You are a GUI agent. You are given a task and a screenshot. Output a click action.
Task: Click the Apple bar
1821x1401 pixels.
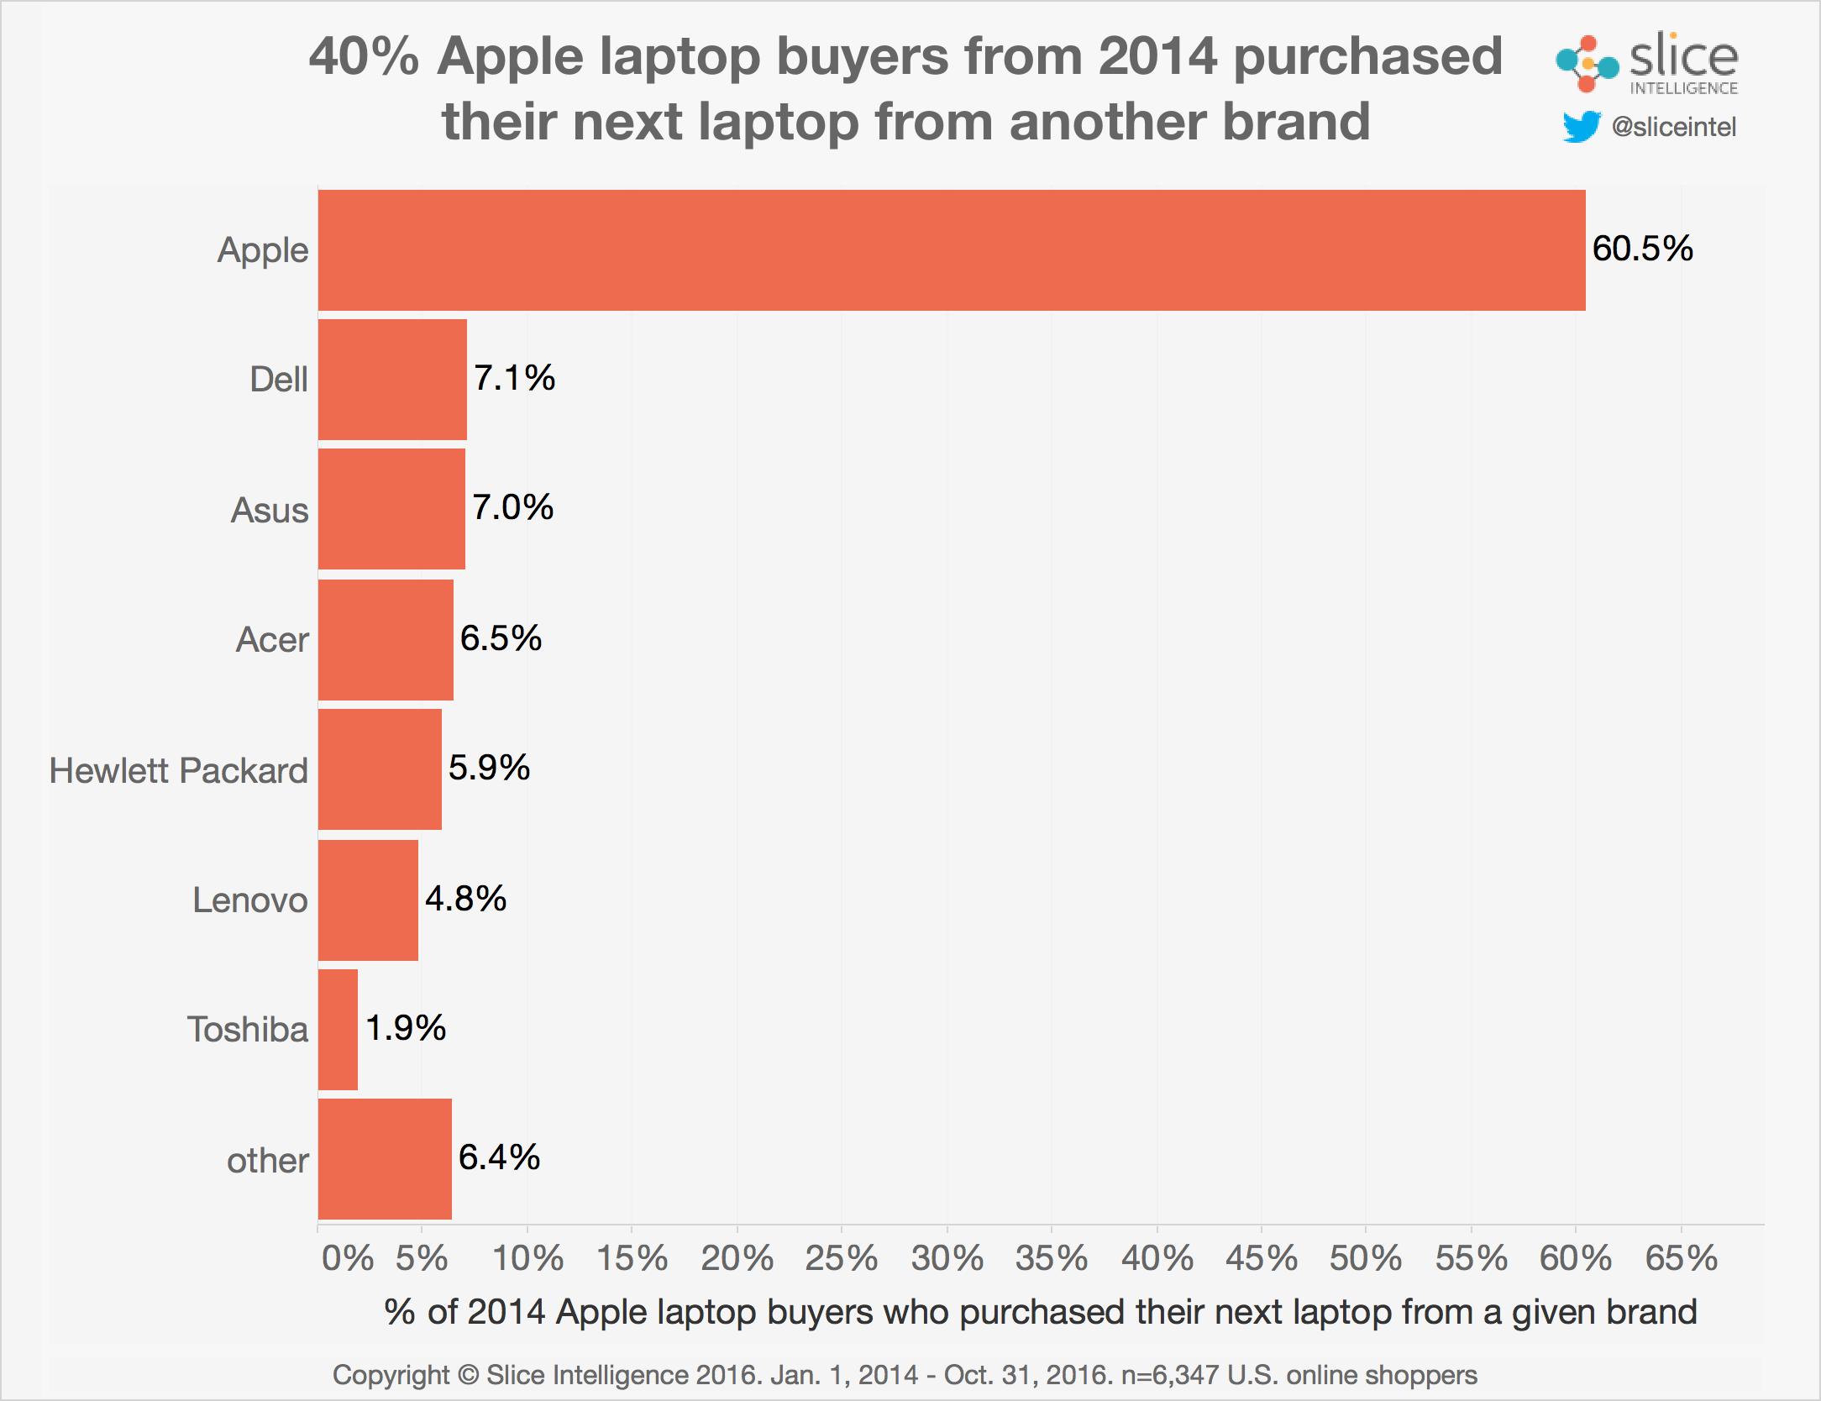(x=951, y=250)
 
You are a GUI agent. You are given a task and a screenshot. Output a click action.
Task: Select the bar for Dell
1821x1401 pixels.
(x=392, y=380)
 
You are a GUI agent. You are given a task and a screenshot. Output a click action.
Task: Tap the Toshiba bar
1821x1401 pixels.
(x=338, y=1030)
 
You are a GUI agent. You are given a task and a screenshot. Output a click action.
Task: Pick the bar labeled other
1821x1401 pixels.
(x=385, y=1159)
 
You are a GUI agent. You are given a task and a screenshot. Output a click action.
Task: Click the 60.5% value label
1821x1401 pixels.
(x=1642, y=249)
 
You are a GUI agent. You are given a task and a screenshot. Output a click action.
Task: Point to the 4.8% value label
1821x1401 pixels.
(x=465, y=899)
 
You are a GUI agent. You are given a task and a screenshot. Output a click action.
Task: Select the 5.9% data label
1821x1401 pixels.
(x=489, y=768)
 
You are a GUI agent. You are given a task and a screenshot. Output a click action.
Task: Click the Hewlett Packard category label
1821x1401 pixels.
(x=179, y=771)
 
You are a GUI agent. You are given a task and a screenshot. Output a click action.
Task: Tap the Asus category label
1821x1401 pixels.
(x=270, y=511)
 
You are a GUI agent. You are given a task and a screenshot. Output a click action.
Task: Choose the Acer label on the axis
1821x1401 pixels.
(x=272, y=640)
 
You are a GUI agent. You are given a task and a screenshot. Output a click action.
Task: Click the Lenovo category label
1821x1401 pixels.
(x=250, y=900)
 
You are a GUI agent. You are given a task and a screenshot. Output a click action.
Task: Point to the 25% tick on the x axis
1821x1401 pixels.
(x=842, y=1258)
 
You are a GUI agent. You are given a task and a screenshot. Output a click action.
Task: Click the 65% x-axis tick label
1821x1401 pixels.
(x=1682, y=1258)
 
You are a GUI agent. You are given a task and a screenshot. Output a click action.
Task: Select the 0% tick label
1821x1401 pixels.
(x=347, y=1258)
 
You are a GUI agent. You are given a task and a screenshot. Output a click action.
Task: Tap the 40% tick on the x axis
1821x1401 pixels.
(x=1157, y=1258)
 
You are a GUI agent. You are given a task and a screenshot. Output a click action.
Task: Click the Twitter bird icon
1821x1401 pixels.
(x=1581, y=128)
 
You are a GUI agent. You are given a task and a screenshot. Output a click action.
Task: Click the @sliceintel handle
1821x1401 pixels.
(x=1673, y=128)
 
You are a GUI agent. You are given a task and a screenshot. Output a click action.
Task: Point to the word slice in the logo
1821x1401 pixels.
(x=1683, y=57)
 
